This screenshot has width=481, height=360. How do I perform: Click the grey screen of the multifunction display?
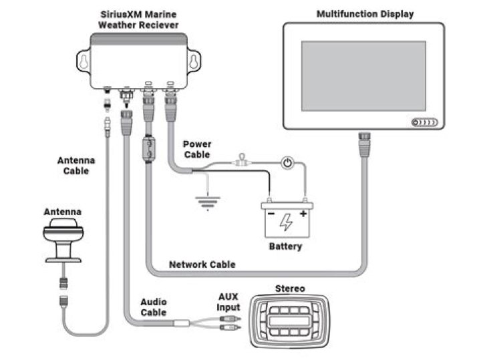[x=363, y=75]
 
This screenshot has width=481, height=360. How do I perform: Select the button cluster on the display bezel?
[x=424, y=122]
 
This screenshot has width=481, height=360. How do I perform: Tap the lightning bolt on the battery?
[x=285, y=222]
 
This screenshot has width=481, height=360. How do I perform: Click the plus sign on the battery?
[x=303, y=215]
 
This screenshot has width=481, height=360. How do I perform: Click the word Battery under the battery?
[x=285, y=246]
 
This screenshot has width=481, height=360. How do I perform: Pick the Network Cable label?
[x=202, y=264]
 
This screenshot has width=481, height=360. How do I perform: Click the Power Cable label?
[x=197, y=149]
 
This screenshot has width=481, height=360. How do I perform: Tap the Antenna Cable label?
[x=75, y=166]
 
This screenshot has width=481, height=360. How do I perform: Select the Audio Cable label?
[x=154, y=307]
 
